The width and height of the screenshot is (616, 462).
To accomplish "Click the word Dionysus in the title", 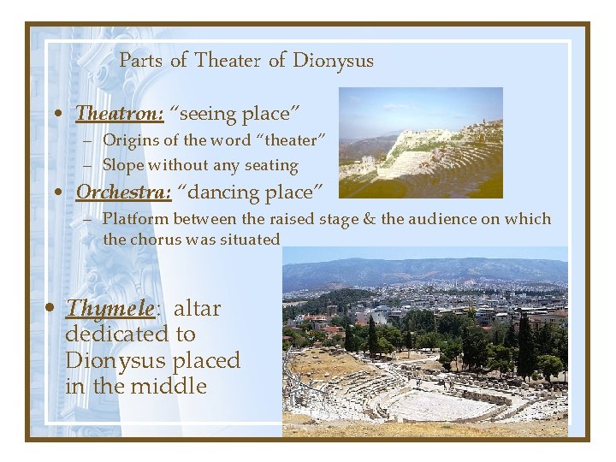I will click(x=333, y=61).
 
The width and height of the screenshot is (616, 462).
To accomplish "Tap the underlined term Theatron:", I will click(x=119, y=113).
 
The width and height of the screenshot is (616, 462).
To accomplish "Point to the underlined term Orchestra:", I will click(x=123, y=192).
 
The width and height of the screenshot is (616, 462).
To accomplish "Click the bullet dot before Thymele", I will click(x=52, y=309).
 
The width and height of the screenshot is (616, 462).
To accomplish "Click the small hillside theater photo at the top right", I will click(x=420, y=142).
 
